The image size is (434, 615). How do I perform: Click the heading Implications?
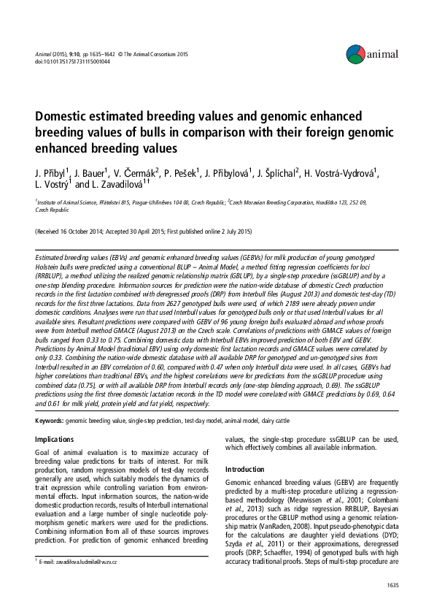pyautogui.click(x=54, y=439)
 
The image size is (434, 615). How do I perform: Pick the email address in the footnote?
pyautogui.click(x=79, y=561)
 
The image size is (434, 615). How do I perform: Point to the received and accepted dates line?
pyautogui.click(x=144, y=232)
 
